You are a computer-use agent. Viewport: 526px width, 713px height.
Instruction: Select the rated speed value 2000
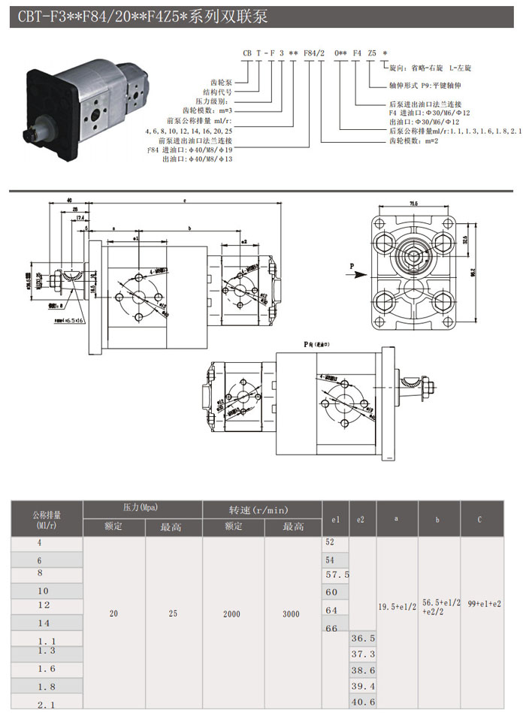[231, 614]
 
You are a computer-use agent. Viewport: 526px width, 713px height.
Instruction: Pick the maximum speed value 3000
[290, 614]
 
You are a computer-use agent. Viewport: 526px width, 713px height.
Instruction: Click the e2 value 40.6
[363, 702]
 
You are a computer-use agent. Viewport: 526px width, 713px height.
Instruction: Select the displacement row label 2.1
[46, 703]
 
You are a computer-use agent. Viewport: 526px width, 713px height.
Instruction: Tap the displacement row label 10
[42, 591]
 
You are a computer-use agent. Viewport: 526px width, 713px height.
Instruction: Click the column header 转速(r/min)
[261, 510]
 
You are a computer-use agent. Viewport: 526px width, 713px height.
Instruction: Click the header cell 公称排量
[47, 515]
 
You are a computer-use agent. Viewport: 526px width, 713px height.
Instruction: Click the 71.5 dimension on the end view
[414, 204]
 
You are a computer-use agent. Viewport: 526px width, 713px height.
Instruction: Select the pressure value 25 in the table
[173, 614]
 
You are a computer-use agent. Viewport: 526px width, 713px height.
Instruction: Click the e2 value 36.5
[363, 638]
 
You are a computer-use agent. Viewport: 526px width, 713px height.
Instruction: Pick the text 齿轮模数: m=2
[411, 140]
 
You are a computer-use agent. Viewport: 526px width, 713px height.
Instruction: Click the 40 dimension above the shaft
[68, 201]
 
